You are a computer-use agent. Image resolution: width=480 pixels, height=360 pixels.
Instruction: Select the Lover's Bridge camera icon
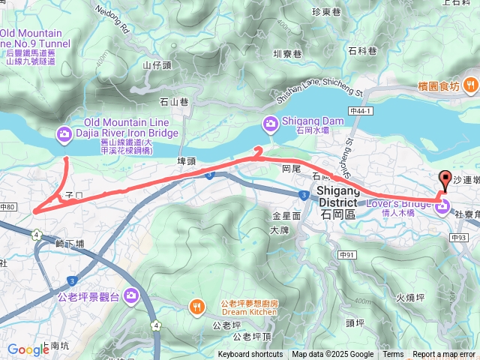[x=442, y=205]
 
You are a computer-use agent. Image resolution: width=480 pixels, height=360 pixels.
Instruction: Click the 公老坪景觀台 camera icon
[x=131, y=295]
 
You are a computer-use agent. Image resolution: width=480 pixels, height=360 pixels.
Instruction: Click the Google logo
[x=28, y=349]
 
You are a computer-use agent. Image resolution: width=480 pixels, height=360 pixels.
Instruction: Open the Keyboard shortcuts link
[x=250, y=355]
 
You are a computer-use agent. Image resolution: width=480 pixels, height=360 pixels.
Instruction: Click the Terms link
[x=393, y=355]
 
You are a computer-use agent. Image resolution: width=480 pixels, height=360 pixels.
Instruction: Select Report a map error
[x=445, y=355]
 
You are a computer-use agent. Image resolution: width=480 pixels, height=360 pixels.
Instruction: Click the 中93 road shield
[x=459, y=238]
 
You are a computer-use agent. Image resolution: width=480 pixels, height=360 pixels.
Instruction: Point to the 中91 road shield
[x=346, y=256]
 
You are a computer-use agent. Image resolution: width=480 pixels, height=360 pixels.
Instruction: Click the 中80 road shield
[x=8, y=207]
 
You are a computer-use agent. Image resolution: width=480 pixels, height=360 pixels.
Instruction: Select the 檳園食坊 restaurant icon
[x=472, y=85]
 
